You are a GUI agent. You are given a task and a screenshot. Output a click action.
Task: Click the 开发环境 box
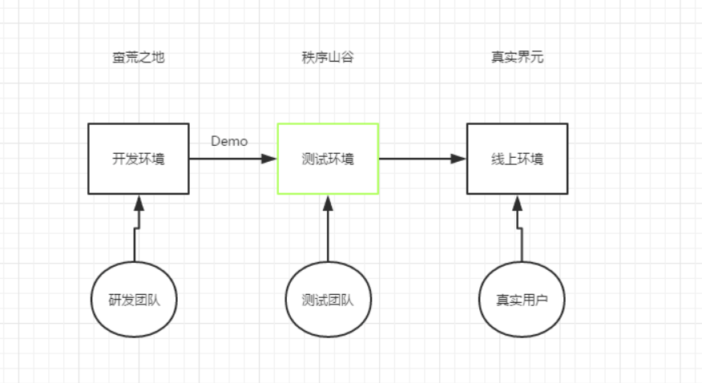click(138, 159)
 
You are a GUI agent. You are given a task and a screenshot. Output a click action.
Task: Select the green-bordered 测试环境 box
click(328, 159)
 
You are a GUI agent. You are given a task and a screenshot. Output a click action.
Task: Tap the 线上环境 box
click(517, 159)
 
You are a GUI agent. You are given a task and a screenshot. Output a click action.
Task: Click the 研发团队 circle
click(135, 300)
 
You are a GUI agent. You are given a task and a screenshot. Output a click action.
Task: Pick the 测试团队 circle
click(328, 300)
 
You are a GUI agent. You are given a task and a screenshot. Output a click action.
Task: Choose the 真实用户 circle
click(522, 300)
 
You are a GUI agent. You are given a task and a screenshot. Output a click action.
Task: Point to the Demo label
click(229, 142)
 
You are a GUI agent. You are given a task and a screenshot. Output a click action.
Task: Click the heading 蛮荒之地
click(138, 58)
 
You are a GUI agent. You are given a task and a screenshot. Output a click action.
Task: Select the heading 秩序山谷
click(328, 58)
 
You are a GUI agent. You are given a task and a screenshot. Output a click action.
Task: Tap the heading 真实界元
click(517, 58)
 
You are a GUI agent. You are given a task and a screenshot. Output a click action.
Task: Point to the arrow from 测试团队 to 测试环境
click(328, 232)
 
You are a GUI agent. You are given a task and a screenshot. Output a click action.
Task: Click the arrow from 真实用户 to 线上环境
click(518, 232)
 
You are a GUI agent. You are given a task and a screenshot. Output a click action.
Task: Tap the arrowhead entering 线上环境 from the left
click(458, 159)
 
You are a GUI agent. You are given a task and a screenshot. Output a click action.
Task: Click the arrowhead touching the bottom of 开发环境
click(139, 202)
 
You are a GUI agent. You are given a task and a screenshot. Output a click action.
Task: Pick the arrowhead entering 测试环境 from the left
click(269, 159)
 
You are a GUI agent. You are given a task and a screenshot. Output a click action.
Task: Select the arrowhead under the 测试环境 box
click(328, 202)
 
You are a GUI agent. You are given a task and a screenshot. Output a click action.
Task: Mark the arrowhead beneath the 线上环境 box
click(517, 202)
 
